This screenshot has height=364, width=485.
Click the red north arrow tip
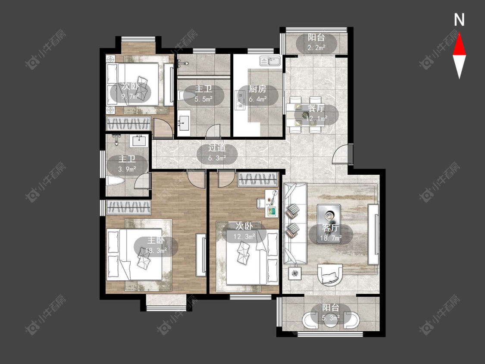pyautogui.click(x=459, y=33)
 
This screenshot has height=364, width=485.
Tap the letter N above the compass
pyautogui.click(x=459, y=20)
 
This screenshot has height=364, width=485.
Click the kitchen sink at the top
pyautogui.click(x=270, y=61)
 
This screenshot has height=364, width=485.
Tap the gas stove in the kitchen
pyautogui.click(x=239, y=100)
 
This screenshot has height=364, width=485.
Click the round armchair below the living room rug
pyautogui.click(x=330, y=274)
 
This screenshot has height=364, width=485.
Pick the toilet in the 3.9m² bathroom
pyautogui.click(x=115, y=181)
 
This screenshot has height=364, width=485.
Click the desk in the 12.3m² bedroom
pyautogui.click(x=272, y=204)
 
